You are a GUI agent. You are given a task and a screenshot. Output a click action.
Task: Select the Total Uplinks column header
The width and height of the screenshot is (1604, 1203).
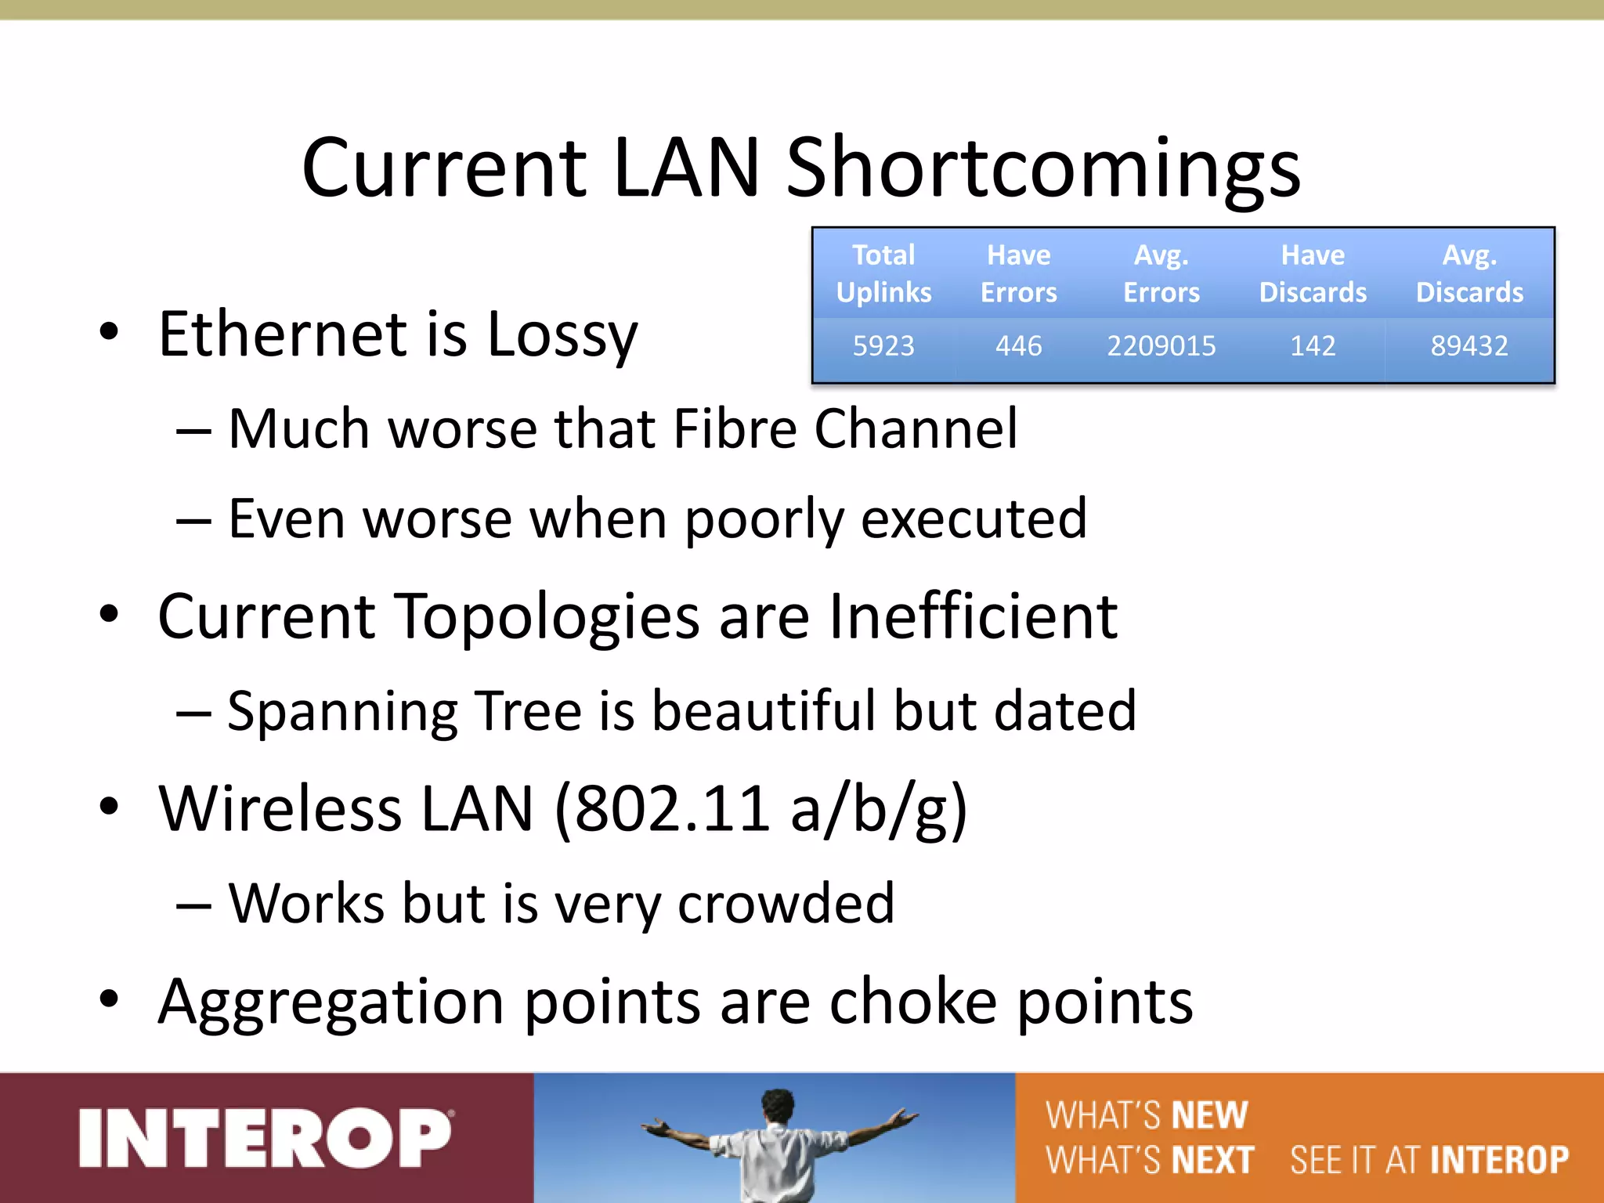(x=883, y=273)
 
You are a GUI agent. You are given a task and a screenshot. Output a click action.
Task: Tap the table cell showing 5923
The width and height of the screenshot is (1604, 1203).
(x=883, y=345)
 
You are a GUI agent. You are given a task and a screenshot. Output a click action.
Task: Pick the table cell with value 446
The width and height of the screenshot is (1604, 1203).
(x=1018, y=345)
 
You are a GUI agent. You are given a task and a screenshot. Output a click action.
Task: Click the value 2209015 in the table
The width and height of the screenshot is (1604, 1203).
(x=1161, y=345)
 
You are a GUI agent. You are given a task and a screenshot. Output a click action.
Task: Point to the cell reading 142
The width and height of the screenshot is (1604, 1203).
(x=1313, y=345)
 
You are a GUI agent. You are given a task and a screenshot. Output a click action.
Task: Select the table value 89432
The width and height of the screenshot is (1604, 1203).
(x=1469, y=345)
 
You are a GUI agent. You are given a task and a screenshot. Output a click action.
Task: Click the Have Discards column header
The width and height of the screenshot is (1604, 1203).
(x=1313, y=273)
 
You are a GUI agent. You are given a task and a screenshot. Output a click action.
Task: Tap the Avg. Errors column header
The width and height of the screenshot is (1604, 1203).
(x=1161, y=273)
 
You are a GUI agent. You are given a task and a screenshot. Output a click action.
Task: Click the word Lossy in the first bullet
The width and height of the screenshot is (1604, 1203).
(x=562, y=335)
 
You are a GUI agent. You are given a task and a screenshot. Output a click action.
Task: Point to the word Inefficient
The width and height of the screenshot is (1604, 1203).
(x=973, y=616)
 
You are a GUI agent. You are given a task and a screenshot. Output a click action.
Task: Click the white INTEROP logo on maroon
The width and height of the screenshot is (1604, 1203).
(x=265, y=1137)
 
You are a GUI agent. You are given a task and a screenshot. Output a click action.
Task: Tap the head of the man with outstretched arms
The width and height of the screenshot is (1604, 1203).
(x=778, y=1106)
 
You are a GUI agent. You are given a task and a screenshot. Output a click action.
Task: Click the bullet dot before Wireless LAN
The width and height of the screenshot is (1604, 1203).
(x=109, y=807)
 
